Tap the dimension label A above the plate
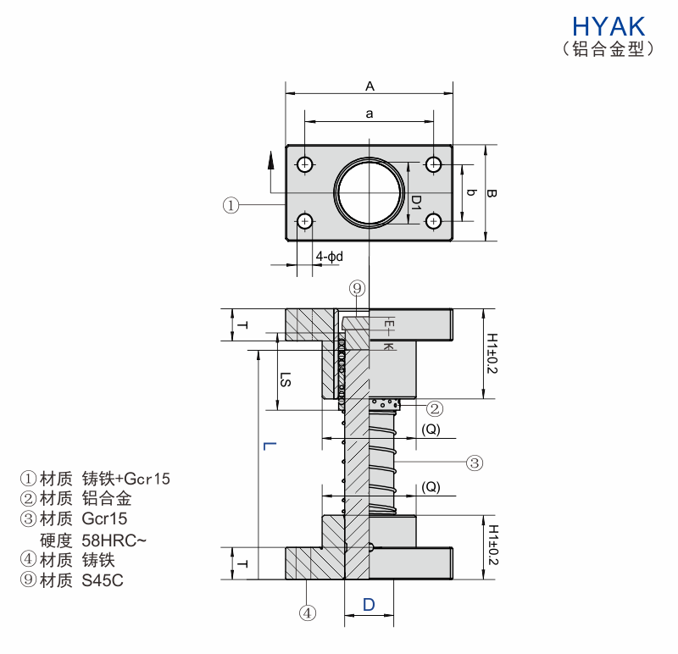click(x=370, y=86)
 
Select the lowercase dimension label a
click(x=370, y=112)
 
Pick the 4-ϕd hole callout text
click(x=330, y=256)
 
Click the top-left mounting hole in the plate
click(x=305, y=163)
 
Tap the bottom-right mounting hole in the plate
click(x=434, y=221)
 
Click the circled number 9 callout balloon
click(x=357, y=289)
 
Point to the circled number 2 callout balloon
click(x=434, y=408)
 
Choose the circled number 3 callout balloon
click(x=475, y=463)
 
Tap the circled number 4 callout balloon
click(x=308, y=611)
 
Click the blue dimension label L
click(x=266, y=446)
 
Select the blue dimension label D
click(x=369, y=604)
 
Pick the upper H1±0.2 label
click(x=492, y=352)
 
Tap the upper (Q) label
click(x=431, y=430)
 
